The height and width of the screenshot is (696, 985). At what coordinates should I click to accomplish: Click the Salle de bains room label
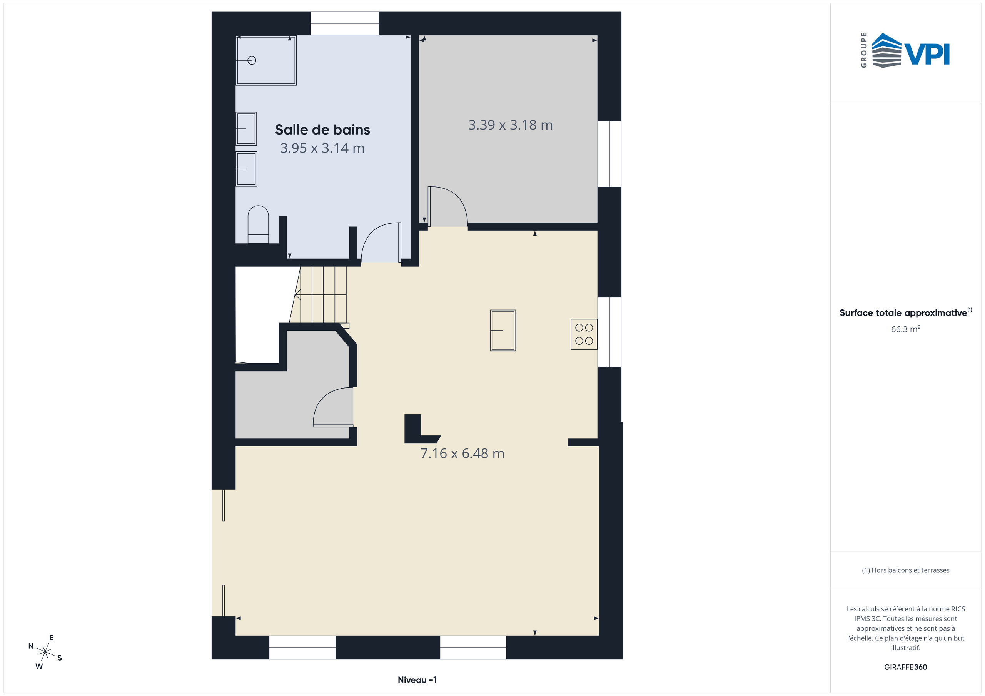coord(322,130)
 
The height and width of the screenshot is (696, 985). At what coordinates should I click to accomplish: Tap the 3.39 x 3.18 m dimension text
coord(510,125)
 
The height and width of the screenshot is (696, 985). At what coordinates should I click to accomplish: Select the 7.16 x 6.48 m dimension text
coord(462,453)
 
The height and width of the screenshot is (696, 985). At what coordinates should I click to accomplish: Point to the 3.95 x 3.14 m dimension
coord(322,148)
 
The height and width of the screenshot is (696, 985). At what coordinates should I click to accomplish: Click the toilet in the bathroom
coord(258,224)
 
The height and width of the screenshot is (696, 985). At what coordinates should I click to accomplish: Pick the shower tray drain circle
coord(252,60)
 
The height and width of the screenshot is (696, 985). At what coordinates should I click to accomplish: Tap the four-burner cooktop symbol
coord(583,334)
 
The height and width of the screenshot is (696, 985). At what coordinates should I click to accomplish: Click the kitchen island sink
coord(503,331)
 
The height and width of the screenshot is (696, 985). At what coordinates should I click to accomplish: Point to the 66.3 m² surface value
coord(905,329)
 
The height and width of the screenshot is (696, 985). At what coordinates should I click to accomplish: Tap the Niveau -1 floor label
coord(417,680)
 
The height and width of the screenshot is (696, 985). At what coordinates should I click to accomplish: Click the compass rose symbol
coord(45,652)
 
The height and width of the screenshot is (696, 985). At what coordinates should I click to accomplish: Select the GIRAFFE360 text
coord(905,667)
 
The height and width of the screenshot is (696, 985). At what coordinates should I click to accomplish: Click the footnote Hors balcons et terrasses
coord(905,570)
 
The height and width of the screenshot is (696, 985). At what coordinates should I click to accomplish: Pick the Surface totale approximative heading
coord(903,313)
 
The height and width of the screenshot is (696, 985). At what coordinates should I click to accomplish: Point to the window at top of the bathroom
coord(344,23)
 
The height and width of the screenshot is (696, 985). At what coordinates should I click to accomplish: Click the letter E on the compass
coord(51,638)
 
